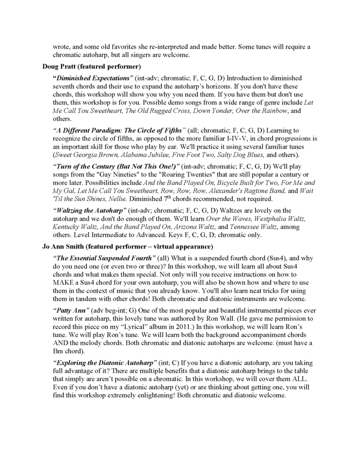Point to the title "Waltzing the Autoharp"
coord(89,210)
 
